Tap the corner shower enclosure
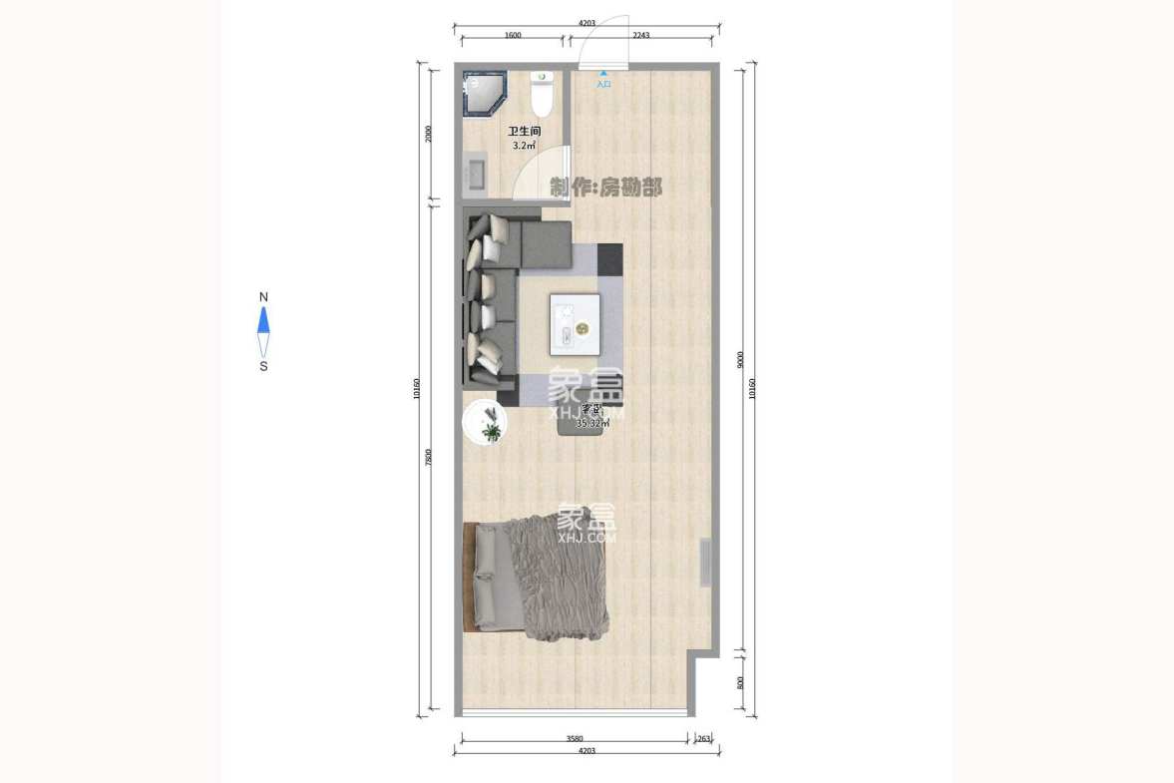click(486, 94)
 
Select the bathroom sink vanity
click(475, 172)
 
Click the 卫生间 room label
click(524, 132)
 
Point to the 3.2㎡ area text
click(524, 146)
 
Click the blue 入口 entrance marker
click(603, 80)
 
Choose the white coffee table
click(575, 324)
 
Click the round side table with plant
click(486, 423)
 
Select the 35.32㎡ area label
click(592, 423)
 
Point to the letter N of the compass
click(263, 297)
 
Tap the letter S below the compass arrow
click(263, 366)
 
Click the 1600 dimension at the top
click(513, 35)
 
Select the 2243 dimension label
click(640, 35)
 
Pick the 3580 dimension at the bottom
click(575, 739)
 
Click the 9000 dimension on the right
click(740, 359)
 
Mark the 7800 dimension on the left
click(429, 458)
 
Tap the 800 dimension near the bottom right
click(740, 682)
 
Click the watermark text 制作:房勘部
click(605, 187)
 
